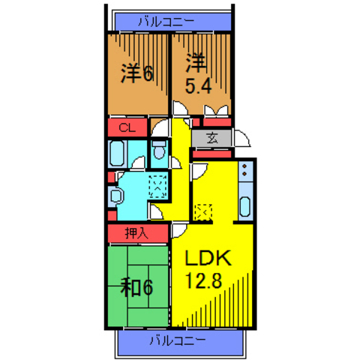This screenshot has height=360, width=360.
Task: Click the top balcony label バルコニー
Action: (x=166, y=22)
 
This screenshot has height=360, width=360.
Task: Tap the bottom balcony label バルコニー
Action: (x=178, y=340)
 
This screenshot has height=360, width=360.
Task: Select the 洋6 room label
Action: (x=136, y=73)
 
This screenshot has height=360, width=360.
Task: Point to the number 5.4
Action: (x=198, y=86)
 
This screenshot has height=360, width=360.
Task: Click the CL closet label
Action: (x=127, y=127)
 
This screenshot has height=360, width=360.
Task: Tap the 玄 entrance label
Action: (x=212, y=138)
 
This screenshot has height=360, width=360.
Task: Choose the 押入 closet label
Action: (x=137, y=233)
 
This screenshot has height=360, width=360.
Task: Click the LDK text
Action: (x=208, y=258)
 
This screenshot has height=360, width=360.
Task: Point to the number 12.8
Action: (x=203, y=280)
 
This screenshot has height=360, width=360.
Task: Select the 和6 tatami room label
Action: (x=136, y=287)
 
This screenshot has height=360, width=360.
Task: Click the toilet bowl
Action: (x=159, y=151)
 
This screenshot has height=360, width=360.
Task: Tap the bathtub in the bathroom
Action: (x=117, y=153)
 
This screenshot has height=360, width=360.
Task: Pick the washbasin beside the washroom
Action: (x=115, y=196)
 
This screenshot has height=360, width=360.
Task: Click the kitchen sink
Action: (x=244, y=206)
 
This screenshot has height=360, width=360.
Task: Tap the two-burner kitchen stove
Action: (x=244, y=170)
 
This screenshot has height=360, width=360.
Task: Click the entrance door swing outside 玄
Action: (x=241, y=138)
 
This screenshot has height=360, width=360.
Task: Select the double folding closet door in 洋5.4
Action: (x=217, y=110)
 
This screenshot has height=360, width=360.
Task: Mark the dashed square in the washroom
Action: (x=158, y=187)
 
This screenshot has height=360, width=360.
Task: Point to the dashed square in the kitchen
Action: (x=203, y=212)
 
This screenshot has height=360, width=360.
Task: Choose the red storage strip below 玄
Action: (x=212, y=154)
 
